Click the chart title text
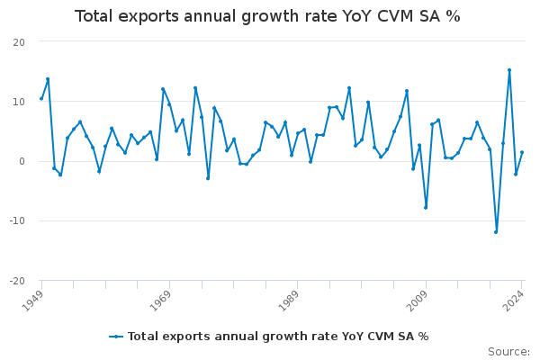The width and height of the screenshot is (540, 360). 267,16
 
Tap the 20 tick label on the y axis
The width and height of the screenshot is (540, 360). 19,42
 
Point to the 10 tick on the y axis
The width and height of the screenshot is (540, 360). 19,102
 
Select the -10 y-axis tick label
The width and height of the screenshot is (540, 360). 17,220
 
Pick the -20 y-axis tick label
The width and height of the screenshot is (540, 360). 17,280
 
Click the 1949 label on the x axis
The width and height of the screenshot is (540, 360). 33,299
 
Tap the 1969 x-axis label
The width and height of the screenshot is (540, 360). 161,299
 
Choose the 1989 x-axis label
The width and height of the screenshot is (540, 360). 289,299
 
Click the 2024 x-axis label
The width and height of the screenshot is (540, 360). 514,299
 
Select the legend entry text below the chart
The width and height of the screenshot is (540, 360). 278,337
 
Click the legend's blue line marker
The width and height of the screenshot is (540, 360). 116,337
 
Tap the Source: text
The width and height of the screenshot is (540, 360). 508,352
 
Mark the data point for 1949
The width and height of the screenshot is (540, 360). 41,98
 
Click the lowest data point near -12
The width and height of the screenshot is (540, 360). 496,232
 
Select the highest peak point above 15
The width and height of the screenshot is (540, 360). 509,70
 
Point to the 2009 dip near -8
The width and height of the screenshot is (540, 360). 426,208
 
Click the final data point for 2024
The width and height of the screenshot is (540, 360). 522,152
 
